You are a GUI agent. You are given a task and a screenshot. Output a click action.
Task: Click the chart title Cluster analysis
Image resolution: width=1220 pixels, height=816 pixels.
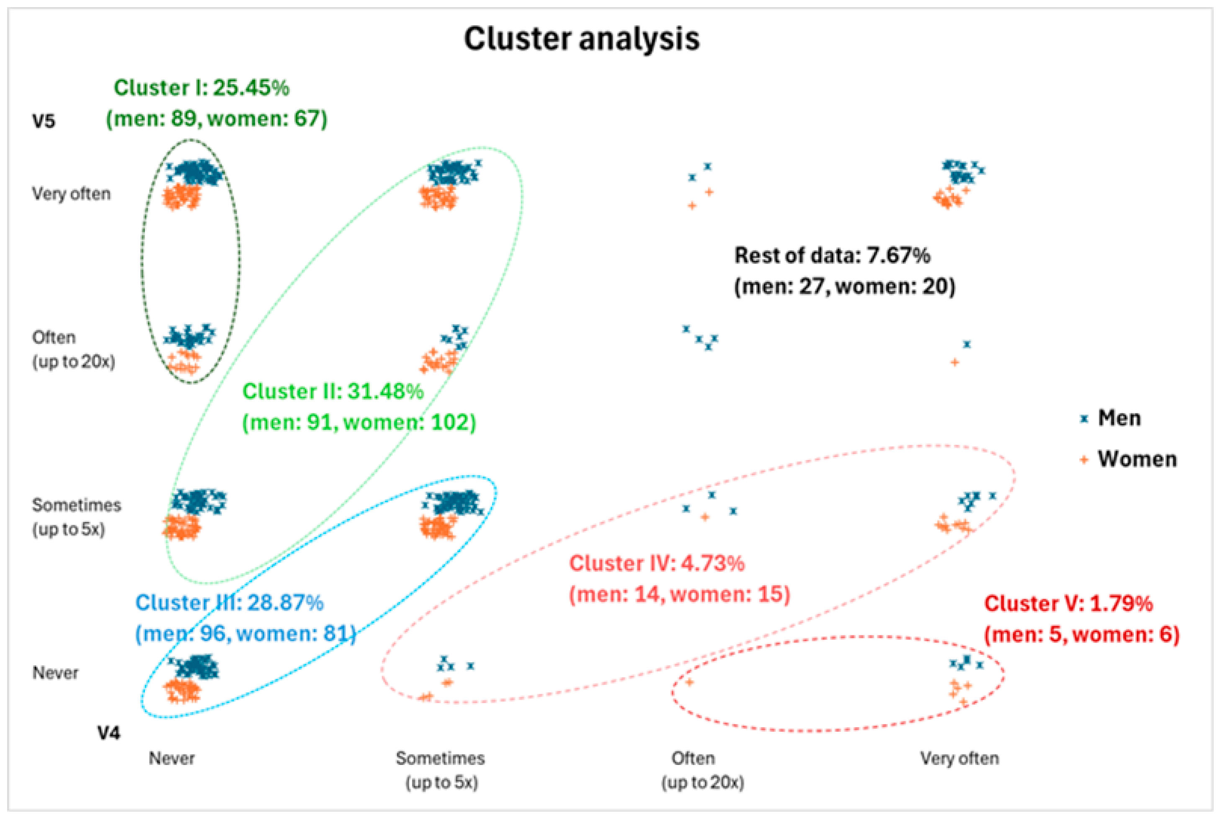pyautogui.click(x=581, y=39)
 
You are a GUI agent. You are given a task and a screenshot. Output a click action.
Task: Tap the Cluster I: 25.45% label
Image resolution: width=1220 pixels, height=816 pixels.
pyautogui.click(x=201, y=88)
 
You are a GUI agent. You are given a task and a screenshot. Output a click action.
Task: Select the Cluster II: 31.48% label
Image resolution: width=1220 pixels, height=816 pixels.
pyautogui.click(x=333, y=391)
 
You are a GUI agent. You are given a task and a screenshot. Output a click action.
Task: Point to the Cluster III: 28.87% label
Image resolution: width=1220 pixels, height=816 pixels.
pyautogui.click(x=230, y=603)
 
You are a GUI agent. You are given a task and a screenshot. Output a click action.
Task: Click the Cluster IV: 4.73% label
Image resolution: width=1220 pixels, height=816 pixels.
pyautogui.click(x=657, y=563)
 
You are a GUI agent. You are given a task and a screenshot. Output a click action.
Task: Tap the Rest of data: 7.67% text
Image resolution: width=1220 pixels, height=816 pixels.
pyautogui.click(x=832, y=256)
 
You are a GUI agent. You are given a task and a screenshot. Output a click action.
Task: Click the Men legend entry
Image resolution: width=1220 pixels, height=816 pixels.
pyautogui.click(x=1119, y=418)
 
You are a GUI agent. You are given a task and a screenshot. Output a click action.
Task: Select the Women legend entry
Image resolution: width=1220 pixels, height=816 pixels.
pyautogui.click(x=1137, y=459)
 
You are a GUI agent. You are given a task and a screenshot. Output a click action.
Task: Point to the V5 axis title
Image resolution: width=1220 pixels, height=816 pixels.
pyautogui.click(x=44, y=121)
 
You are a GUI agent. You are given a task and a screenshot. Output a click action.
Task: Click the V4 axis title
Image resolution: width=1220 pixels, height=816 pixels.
pyautogui.click(x=109, y=733)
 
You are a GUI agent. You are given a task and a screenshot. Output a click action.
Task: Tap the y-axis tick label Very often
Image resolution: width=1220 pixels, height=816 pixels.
pyautogui.click(x=71, y=194)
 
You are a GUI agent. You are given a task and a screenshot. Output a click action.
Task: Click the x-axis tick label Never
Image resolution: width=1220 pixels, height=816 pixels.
pyautogui.click(x=172, y=758)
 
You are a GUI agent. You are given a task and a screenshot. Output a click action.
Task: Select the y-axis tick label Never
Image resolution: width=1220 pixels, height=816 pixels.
pyautogui.click(x=55, y=673)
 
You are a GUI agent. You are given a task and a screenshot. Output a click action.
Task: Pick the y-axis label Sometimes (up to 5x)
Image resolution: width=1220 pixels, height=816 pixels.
pyautogui.click(x=77, y=517)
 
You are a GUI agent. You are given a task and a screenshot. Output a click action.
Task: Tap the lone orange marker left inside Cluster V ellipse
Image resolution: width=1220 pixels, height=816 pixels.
pyautogui.click(x=689, y=682)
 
